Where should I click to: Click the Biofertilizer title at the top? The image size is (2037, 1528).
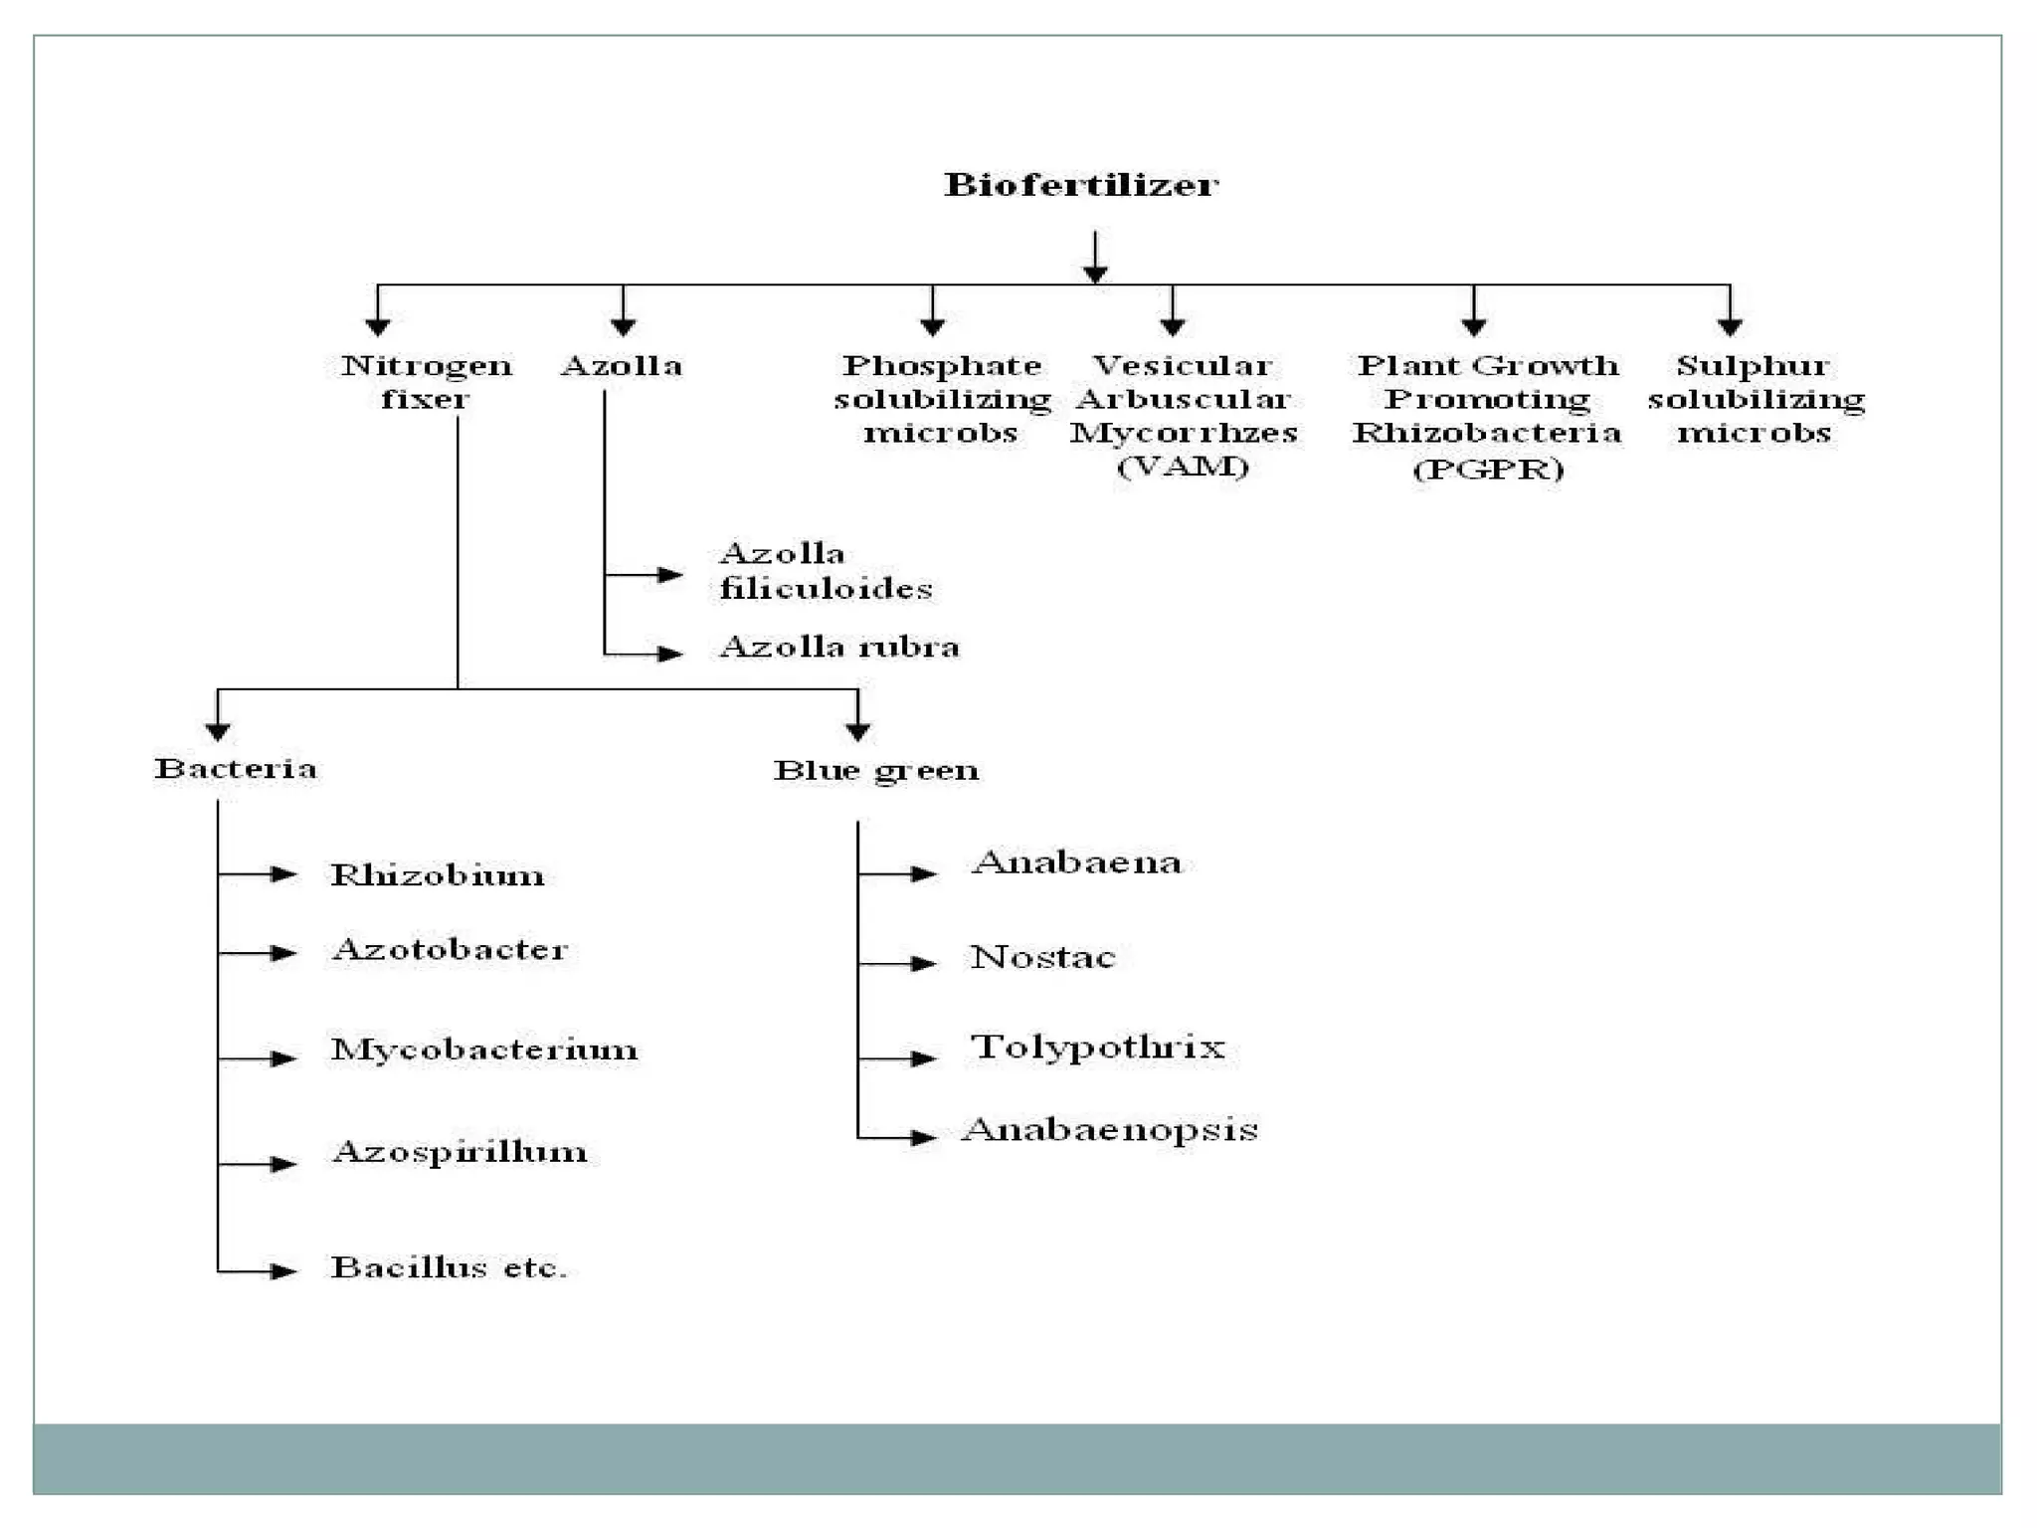coord(1081,185)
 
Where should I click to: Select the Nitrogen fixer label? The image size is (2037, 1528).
coord(426,382)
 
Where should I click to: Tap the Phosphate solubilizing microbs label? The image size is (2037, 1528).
coord(941,399)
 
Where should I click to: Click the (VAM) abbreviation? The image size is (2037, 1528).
coord(1183,467)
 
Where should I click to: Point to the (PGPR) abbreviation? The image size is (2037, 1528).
coord(1488,469)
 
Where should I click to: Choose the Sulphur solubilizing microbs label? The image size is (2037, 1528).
coord(1756,399)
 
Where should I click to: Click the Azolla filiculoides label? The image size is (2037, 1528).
coord(826,571)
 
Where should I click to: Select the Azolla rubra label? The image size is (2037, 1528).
coord(839,648)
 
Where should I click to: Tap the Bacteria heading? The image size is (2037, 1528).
coord(236,769)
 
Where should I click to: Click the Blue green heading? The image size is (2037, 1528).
coord(876,771)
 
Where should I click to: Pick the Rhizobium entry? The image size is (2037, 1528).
coord(438,875)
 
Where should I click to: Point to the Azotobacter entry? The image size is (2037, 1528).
coord(450,950)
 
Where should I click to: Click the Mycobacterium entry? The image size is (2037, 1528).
coord(484,1050)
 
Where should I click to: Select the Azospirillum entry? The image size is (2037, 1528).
coord(460,1153)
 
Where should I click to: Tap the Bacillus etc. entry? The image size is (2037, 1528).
coord(449,1268)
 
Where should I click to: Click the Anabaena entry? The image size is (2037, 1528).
coord(1077,862)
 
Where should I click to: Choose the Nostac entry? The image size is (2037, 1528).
coord(1042,957)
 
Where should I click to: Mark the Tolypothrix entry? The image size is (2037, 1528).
coord(1098,1048)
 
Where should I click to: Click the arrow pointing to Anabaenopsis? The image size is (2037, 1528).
coord(921,1137)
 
